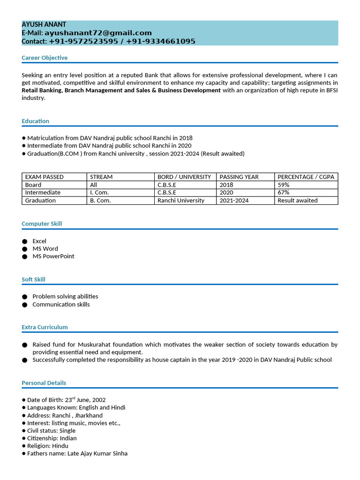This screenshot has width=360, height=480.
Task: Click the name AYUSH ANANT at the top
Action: click(44, 24)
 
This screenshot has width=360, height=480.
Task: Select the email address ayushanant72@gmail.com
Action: click(98, 33)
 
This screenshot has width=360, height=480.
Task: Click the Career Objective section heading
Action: click(45, 58)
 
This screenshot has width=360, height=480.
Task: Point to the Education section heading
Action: click(35, 121)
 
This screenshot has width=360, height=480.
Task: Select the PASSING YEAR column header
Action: click(239, 177)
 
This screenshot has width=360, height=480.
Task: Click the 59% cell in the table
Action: click(283, 185)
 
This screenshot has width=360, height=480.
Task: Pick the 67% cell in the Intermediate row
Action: click(283, 193)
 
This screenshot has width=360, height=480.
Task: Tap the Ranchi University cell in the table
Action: click(181, 201)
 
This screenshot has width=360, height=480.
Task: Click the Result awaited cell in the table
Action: click(297, 201)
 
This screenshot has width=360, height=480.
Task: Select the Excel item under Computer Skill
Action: click(39, 241)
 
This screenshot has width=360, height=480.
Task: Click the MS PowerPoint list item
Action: click(53, 256)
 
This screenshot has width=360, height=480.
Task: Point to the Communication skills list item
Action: click(61, 305)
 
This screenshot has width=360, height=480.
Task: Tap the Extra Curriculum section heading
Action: click(45, 327)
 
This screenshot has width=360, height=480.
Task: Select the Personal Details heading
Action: click(44, 383)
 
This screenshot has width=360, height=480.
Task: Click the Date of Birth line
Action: click(66, 400)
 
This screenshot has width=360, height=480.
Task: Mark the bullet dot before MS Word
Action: click(24, 249)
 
